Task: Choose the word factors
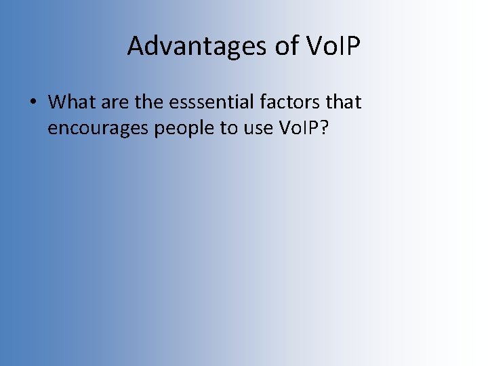click(285, 102)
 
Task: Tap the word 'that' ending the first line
click(343, 102)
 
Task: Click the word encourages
click(98, 129)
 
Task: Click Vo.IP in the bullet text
click(298, 129)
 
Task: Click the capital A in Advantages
click(136, 47)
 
